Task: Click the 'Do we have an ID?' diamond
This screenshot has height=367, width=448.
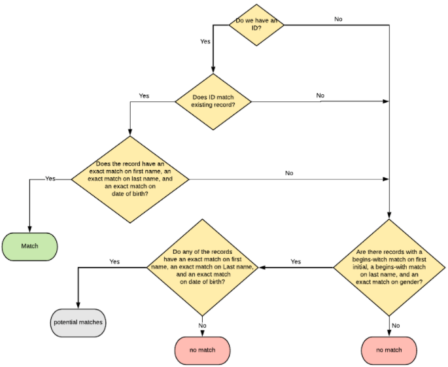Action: [256, 25]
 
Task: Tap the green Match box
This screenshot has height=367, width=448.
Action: [29, 246]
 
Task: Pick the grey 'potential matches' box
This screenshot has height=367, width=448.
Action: [78, 323]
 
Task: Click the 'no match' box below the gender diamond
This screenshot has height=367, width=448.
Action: [389, 350]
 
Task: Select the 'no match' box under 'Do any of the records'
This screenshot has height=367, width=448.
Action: [203, 350]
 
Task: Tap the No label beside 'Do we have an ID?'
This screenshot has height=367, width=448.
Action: [338, 19]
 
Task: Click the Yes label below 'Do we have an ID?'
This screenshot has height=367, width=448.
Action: [205, 41]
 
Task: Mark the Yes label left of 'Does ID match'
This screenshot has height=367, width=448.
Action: [144, 96]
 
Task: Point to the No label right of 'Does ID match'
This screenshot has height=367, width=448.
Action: [320, 96]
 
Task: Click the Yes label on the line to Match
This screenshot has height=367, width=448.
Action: [50, 178]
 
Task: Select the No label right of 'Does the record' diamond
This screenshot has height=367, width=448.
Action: [289, 173]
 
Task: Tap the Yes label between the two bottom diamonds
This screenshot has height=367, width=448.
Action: [296, 261]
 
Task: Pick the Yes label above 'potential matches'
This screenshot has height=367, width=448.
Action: [114, 261]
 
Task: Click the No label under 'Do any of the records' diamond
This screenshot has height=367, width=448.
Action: [202, 325]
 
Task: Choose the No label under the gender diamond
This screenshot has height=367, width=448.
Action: [395, 325]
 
